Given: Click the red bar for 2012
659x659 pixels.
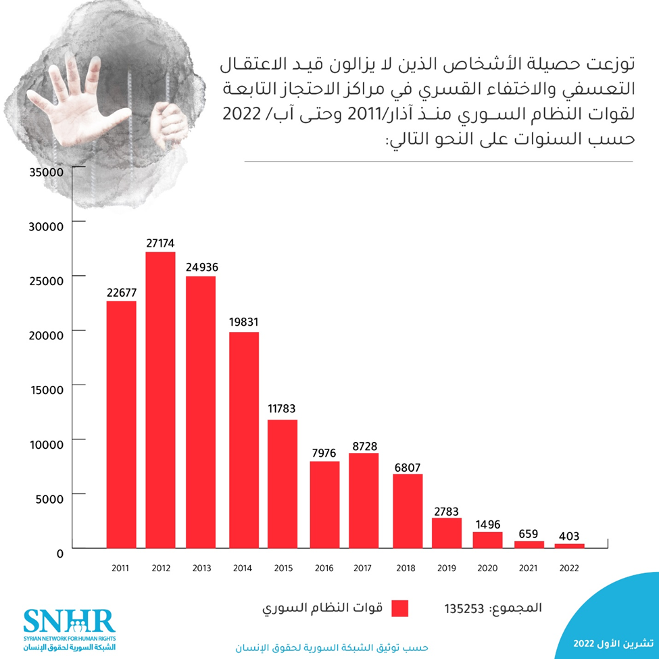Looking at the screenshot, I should point(160,399).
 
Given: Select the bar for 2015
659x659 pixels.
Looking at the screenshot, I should point(283,483).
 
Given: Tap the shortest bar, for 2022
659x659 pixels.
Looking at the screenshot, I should point(568,545).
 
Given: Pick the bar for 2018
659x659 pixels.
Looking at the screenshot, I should point(408,510).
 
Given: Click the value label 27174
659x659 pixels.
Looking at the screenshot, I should point(160,242).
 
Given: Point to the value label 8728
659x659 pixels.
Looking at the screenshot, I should point(364,443).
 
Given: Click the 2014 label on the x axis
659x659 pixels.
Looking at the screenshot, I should point(243,568).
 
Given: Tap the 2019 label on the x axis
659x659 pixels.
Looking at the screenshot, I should point(447,568).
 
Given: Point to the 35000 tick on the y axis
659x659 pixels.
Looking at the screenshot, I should point(46,172).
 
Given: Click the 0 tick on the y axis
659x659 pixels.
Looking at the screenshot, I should point(59,554).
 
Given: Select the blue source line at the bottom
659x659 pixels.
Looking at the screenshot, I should point(331,648).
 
